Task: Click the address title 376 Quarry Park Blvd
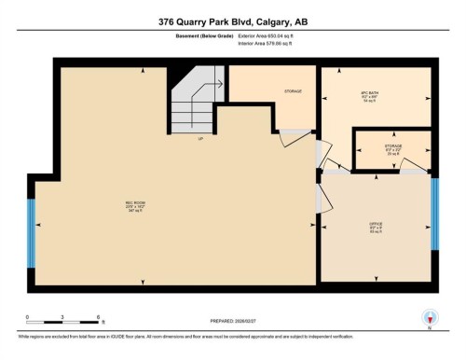pos(232,21)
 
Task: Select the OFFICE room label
pos(376,226)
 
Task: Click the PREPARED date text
pos(232,323)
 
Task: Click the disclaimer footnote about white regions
pos(186,334)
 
